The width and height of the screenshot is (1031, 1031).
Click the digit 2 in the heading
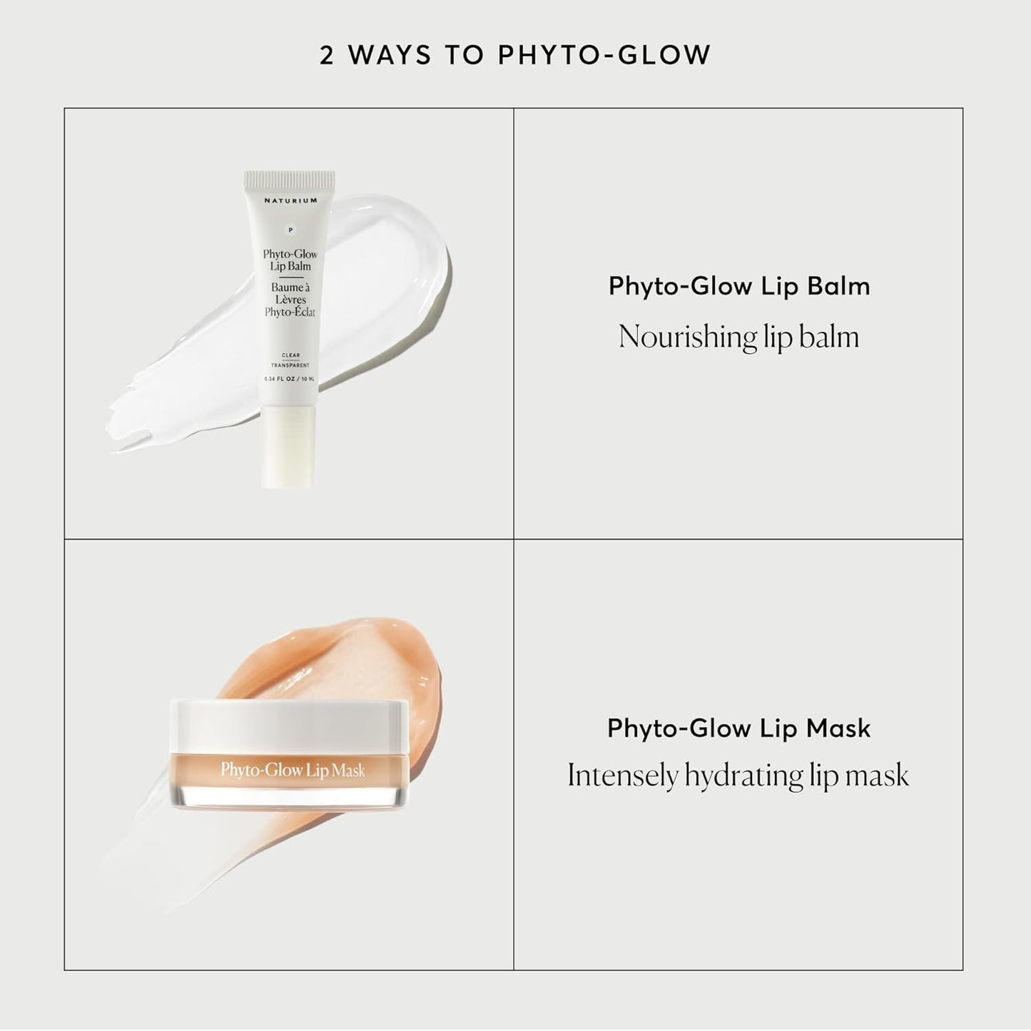tap(327, 56)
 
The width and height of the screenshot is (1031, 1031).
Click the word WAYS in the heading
tap(390, 56)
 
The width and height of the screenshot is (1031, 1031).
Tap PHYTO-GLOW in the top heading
tap(604, 56)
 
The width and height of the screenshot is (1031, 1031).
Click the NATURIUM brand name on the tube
tap(290, 200)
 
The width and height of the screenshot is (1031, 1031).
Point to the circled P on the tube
tap(290, 230)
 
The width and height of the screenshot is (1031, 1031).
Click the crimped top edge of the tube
tap(289, 176)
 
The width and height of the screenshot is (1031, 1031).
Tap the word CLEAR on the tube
tap(290, 355)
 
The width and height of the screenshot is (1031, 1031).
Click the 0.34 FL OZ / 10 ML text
tap(290, 378)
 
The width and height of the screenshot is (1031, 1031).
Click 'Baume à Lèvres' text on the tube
tap(290, 293)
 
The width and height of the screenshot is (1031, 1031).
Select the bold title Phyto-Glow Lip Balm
tap(738, 286)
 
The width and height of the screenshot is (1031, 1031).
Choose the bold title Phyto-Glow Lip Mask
tap(738, 728)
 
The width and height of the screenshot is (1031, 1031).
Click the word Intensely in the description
tap(622, 776)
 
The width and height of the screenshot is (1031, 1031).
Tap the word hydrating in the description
tap(743, 776)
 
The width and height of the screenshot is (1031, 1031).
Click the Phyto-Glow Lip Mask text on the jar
tap(293, 770)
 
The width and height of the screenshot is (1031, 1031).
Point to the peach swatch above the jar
tap(335, 656)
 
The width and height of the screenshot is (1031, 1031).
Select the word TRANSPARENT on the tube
tap(290, 365)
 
